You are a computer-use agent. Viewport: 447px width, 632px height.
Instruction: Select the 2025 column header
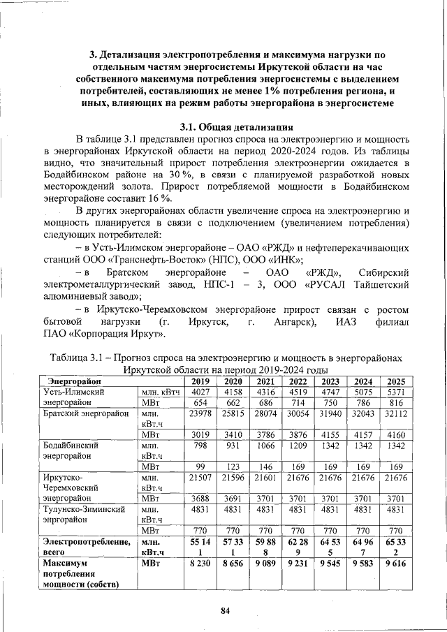(x=395, y=381)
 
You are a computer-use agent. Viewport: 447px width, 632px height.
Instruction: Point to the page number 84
(x=225, y=611)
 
